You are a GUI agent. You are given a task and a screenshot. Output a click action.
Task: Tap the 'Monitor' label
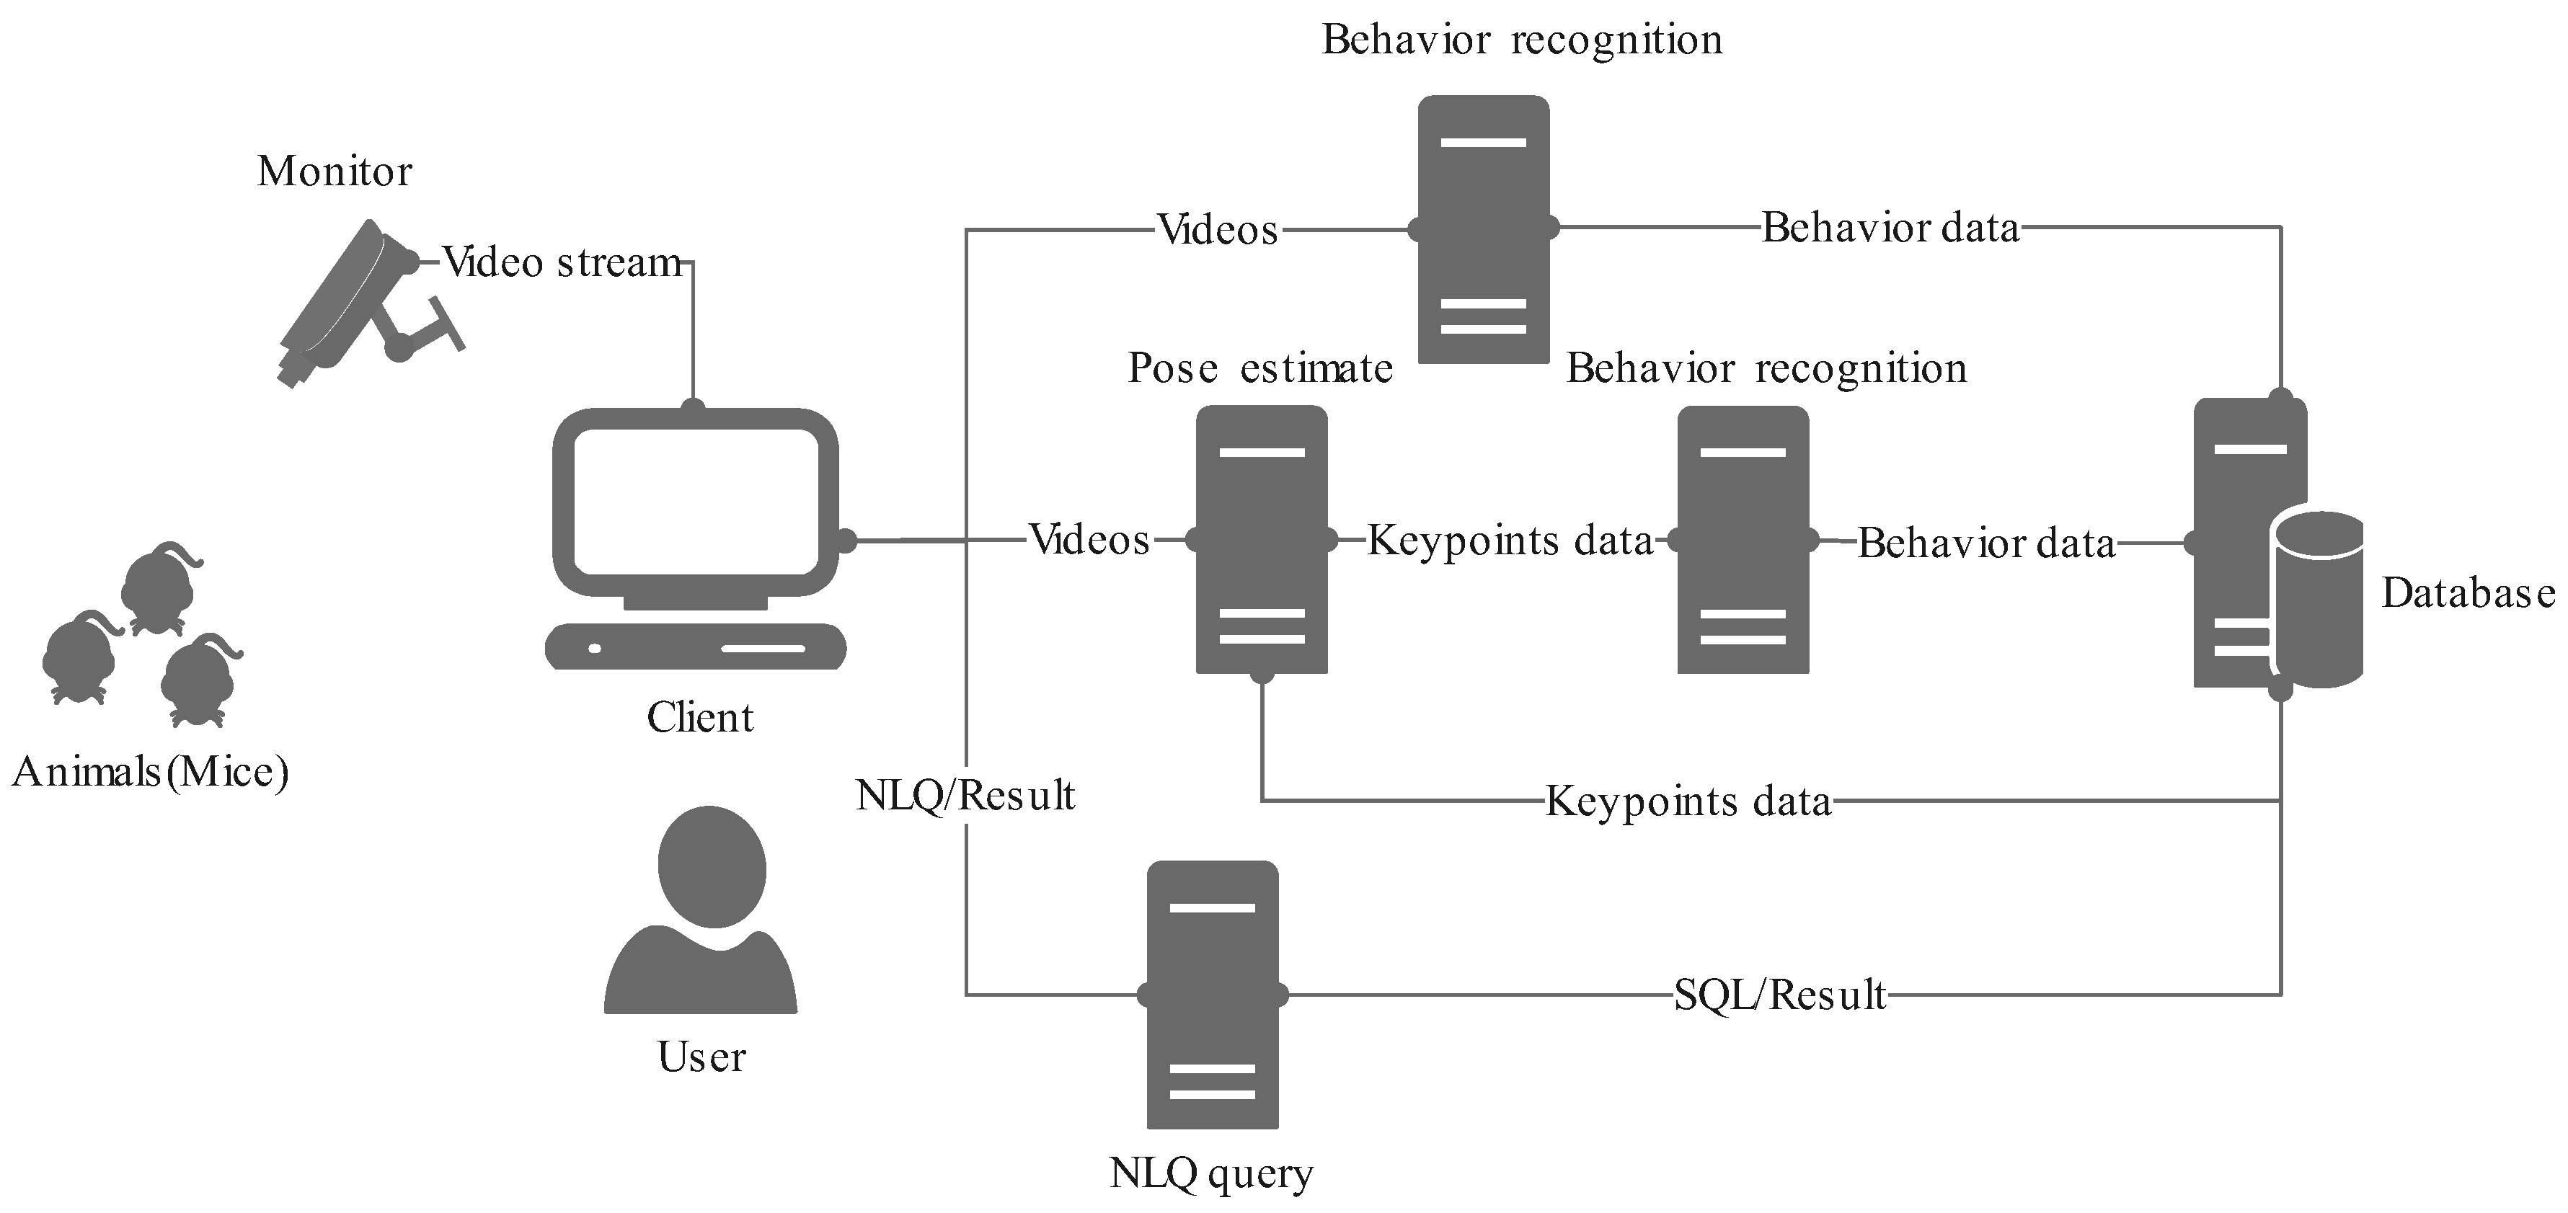pos(334,172)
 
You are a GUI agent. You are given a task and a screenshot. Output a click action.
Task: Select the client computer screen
pos(696,502)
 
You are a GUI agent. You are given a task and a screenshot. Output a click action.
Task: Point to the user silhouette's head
pos(712,865)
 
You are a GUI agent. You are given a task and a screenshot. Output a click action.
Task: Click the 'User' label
pos(701,1057)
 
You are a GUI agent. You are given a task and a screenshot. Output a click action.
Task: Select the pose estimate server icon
pos(1261,538)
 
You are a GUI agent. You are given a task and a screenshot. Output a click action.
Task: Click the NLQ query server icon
pos(1212,994)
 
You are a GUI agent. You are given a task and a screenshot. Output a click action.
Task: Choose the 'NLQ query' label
pos(1210,1173)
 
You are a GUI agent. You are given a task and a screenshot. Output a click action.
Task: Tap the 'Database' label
pos(2467,593)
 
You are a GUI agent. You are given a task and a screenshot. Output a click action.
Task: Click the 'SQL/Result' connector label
pos(1779,995)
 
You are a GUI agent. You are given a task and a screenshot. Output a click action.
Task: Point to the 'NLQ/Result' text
pos(965,796)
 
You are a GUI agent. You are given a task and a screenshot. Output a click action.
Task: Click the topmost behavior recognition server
pos(1484,228)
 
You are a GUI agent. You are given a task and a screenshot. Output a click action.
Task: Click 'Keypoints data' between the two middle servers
pos(1510,541)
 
